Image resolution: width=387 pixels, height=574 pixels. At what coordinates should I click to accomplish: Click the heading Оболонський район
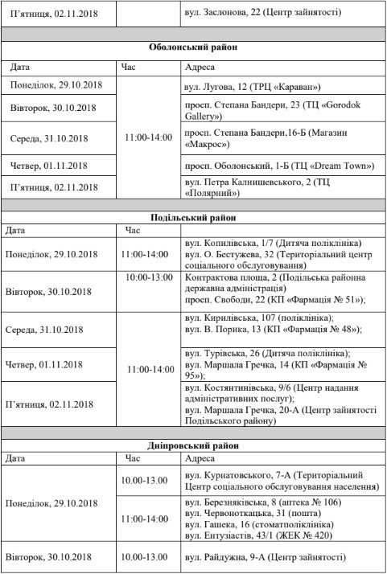pos(194,47)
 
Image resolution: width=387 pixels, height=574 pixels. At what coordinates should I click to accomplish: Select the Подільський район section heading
pos(194,217)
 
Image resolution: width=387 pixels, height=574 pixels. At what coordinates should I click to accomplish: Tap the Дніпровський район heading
pos(194,445)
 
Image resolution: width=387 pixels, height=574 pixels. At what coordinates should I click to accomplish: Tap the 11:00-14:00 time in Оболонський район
pos(148,137)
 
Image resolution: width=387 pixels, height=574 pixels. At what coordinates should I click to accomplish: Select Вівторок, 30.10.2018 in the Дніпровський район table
pos(51,556)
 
